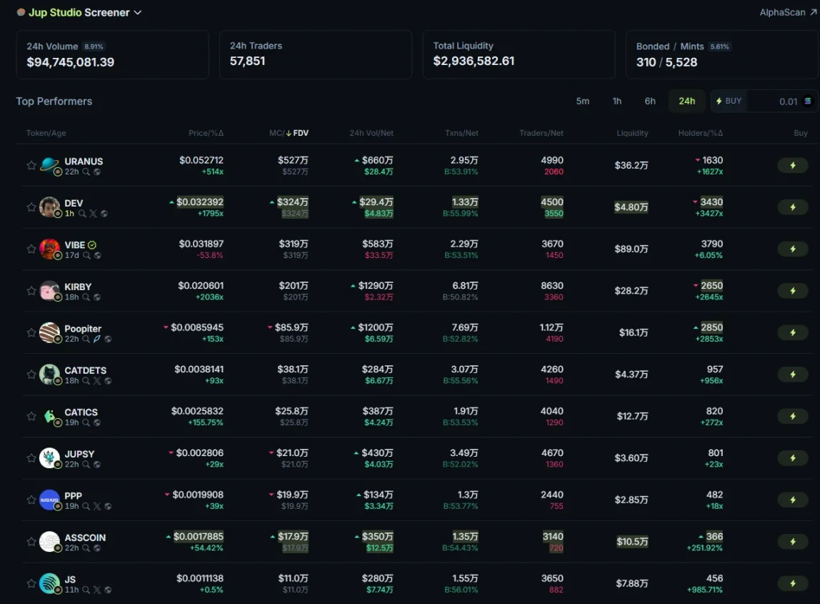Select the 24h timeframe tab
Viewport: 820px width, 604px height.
686,101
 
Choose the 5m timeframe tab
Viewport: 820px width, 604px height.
583,101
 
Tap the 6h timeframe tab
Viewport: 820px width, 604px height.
650,101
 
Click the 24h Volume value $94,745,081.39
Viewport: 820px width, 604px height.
70,62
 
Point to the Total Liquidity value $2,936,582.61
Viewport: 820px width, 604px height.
474,61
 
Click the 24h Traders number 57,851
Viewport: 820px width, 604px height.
247,61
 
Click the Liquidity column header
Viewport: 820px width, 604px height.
632,133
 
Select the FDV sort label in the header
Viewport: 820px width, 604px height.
301,133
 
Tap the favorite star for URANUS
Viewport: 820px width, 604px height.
31,165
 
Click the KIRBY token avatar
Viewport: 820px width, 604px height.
49,290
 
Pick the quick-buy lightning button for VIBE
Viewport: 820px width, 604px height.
792,249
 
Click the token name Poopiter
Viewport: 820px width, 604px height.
83,329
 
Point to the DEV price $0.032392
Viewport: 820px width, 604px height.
200,202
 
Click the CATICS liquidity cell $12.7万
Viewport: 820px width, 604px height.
632,416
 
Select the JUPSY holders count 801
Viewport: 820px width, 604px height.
714,452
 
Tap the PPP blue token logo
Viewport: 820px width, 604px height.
49,500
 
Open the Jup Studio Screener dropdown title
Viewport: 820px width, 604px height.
79,13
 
